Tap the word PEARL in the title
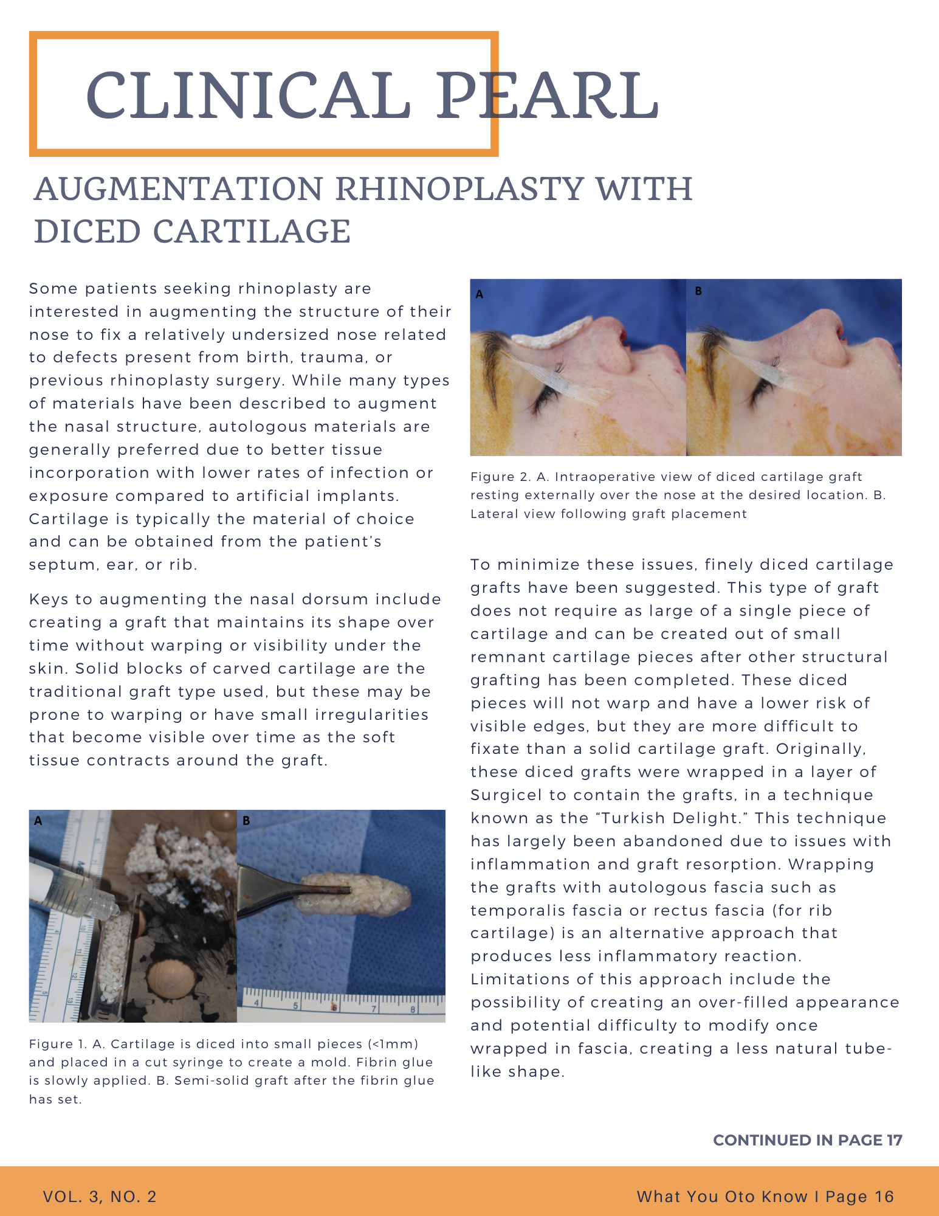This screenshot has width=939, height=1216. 547,95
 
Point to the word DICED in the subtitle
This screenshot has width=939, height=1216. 86,232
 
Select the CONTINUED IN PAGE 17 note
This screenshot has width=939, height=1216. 807,1140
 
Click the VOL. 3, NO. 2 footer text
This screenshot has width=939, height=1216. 100,1197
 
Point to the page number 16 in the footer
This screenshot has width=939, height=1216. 884,1197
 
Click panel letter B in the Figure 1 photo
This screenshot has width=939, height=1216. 246,821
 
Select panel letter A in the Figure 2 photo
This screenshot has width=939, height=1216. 480,294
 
